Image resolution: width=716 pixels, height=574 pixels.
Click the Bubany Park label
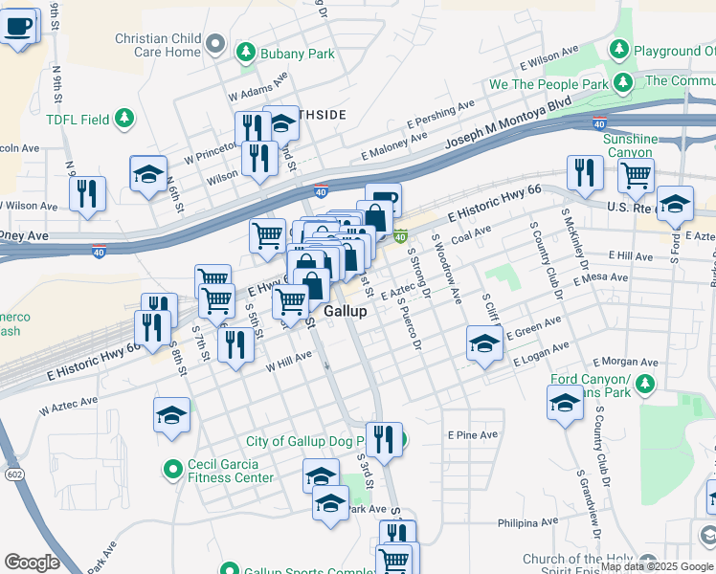[300, 54]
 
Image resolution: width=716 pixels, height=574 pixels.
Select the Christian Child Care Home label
[157, 45]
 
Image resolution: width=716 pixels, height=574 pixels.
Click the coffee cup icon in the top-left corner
[18, 26]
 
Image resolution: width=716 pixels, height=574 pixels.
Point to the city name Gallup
[346, 312]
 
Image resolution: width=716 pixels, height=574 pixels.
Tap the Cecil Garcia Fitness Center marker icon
[173, 469]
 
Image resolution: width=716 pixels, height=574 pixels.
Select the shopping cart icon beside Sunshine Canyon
[636, 175]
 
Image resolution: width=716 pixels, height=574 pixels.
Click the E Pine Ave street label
[473, 434]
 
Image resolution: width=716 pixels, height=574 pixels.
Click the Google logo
[32, 563]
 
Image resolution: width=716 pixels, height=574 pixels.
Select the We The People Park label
[548, 84]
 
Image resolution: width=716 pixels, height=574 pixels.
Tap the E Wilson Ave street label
[551, 56]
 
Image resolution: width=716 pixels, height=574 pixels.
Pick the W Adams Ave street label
[257, 90]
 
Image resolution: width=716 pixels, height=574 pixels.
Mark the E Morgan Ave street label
[625, 363]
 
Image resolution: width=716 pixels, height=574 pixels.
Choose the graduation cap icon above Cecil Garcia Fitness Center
[171, 415]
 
